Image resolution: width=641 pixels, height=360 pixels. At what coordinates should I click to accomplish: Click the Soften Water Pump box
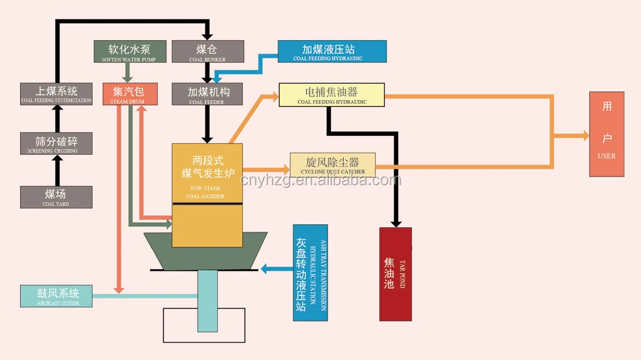tap(130, 51)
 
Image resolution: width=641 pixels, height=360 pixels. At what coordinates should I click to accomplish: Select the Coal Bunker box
tap(208, 51)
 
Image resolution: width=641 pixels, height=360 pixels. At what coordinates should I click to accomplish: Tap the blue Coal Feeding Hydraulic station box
tap(332, 51)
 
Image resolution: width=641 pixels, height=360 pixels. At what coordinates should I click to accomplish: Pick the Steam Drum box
tap(130, 94)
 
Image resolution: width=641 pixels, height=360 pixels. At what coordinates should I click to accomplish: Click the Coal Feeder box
tap(208, 94)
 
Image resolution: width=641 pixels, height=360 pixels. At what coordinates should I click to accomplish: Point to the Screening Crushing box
tap(56, 144)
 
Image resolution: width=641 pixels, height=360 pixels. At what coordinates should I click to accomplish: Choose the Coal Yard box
tap(56, 197)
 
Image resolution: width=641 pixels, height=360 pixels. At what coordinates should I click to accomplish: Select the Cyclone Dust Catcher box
tap(332, 165)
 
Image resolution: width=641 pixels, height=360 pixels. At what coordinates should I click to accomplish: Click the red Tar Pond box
tap(396, 274)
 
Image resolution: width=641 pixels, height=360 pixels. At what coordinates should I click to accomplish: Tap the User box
tap(607, 134)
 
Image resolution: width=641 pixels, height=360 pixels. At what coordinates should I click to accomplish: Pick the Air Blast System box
tap(56, 296)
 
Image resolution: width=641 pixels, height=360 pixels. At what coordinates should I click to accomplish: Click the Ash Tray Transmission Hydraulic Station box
tap(310, 272)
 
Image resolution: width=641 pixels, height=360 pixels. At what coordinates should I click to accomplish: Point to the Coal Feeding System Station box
tap(56, 94)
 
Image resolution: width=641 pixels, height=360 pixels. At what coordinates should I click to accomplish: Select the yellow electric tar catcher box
tap(332, 95)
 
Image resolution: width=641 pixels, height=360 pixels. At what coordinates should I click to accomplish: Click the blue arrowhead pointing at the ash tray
tap(264, 269)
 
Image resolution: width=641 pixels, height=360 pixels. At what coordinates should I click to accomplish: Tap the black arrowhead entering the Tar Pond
tap(396, 222)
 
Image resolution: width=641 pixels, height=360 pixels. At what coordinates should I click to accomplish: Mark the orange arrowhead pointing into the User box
tap(585, 135)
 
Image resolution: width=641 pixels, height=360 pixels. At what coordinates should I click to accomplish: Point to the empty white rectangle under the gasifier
tap(203, 325)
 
